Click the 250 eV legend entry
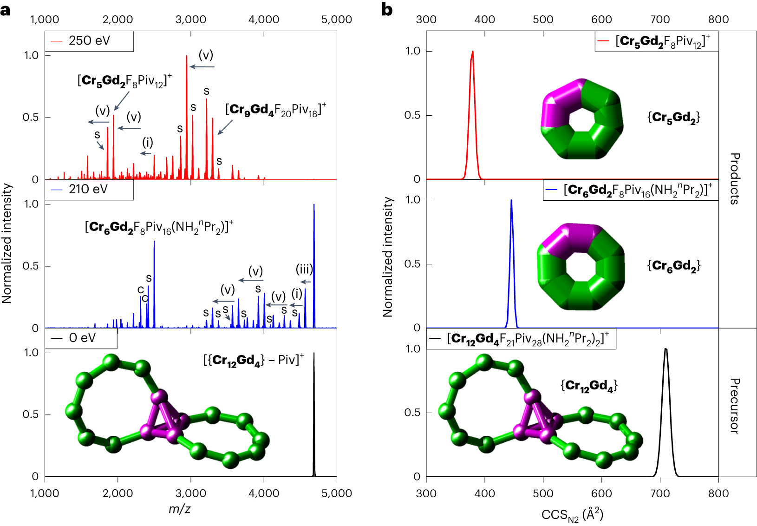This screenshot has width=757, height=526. [x=89, y=41]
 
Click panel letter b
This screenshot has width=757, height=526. [x=386, y=9]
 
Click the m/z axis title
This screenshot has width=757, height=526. [x=179, y=509]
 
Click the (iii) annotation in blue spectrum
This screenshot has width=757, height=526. [x=304, y=270]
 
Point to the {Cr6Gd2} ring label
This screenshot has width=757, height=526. [x=673, y=266]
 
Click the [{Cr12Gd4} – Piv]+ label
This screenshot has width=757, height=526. [x=254, y=360]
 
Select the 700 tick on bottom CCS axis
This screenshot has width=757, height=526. [x=660, y=493]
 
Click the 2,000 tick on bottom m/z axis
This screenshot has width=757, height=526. [x=117, y=493]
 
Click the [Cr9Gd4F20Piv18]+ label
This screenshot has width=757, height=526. [x=276, y=110]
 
